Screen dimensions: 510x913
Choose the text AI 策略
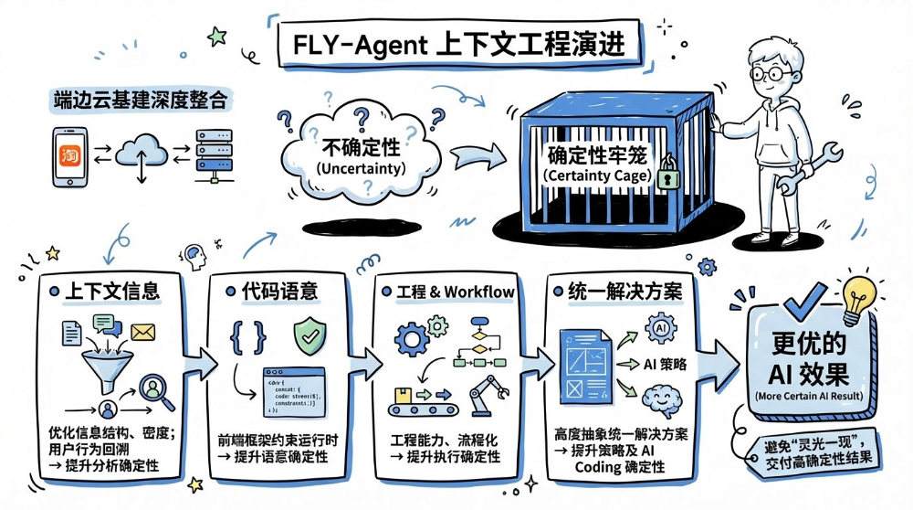coord(674,365)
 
